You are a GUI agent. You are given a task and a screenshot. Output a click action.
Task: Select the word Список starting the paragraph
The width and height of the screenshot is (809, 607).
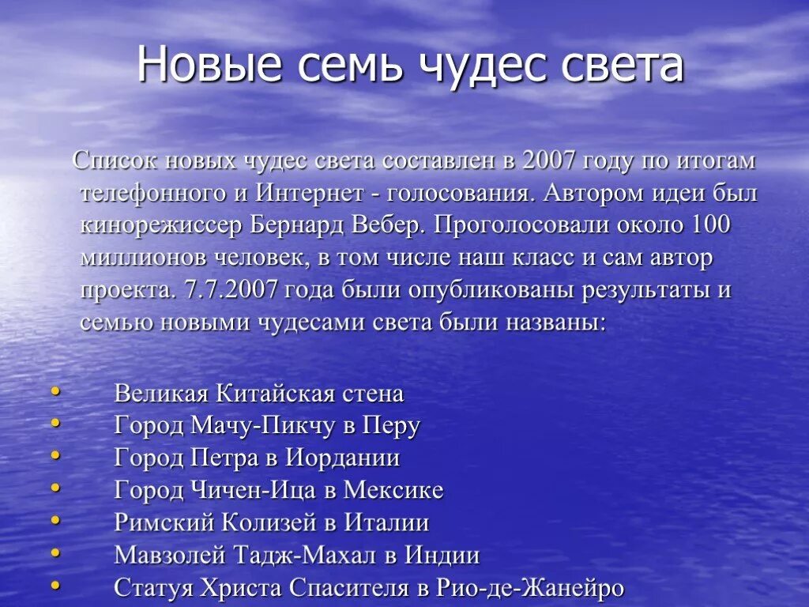(x=119, y=160)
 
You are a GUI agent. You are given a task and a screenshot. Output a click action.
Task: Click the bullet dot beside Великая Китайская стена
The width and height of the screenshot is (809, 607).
(x=55, y=390)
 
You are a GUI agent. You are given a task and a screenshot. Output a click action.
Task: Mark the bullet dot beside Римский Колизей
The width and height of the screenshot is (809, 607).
(x=55, y=520)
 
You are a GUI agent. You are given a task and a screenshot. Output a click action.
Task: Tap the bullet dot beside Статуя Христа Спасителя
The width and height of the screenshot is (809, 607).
(x=55, y=585)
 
